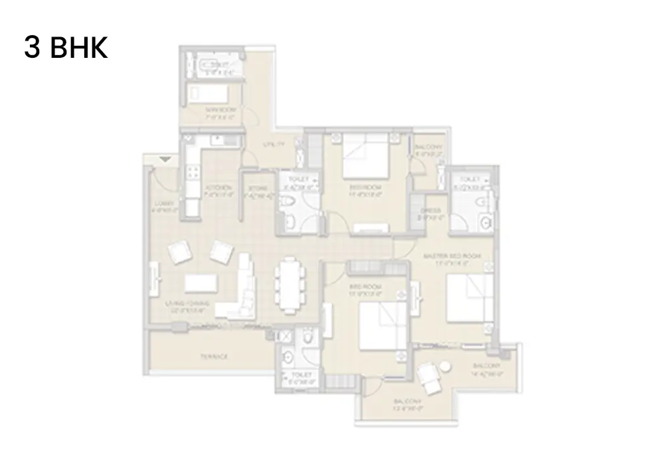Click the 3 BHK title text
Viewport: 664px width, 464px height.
[x=66, y=49]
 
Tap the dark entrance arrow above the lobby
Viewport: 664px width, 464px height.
[x=165, y=159]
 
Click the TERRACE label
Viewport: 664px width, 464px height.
[x=214, y=357]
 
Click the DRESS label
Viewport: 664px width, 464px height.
[x=426, y=214]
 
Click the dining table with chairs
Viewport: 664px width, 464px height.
[x=290, y=285]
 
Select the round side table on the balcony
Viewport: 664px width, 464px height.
[x=444, y=365]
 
